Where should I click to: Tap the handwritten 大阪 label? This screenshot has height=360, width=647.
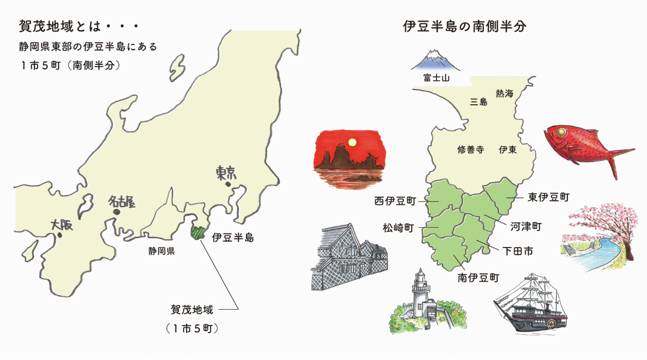(x=63, y=225)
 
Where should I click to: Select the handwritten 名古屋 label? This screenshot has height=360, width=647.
(x=122, y=203)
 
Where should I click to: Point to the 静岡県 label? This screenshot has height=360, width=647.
(x=162, y=252)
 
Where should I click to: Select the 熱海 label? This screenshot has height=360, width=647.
(x=504, y=94)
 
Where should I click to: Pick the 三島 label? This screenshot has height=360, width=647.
(x=479, y=102)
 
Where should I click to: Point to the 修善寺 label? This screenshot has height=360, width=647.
(x=470, y=149)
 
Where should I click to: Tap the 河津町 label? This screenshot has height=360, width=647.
(x=525, y=225)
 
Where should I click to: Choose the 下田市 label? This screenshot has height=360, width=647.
(x=518, y=251)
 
